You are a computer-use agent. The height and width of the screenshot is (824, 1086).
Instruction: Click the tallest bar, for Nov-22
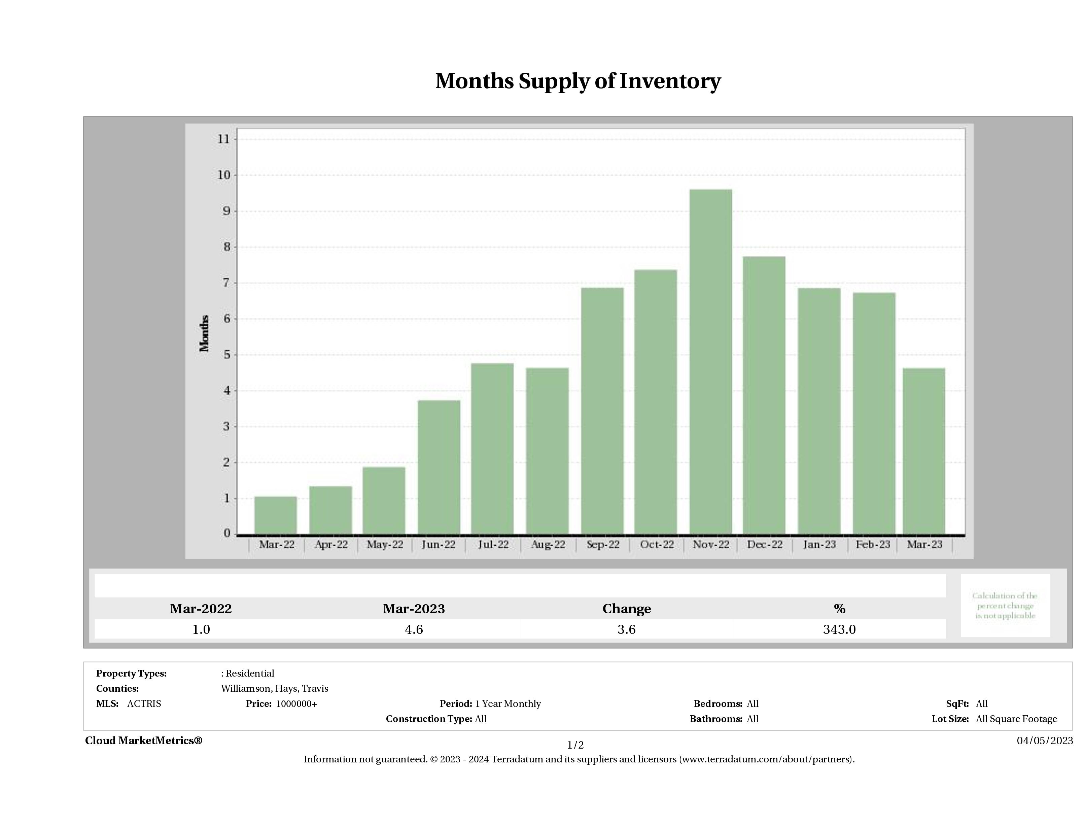point(710,362)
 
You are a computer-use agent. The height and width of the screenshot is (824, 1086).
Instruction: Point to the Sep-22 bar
point(602,411)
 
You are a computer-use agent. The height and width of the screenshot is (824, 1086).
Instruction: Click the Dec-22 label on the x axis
point(764,545)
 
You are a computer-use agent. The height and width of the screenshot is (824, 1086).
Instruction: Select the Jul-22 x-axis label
point(493,545)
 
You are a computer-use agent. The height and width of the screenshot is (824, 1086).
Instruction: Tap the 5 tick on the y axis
point(227,354)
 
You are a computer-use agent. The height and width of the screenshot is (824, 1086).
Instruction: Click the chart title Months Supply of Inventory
point(578,81)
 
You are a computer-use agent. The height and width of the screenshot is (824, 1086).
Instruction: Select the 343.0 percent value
point(839,629)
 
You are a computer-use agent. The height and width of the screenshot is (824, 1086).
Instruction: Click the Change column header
point(627,609)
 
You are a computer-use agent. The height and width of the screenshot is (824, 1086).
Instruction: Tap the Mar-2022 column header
point(201,609)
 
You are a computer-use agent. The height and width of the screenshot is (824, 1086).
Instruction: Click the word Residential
point(250,673)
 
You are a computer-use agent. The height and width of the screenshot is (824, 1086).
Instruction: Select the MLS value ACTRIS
point(144,704)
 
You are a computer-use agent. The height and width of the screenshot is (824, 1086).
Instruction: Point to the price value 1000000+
point(296,704)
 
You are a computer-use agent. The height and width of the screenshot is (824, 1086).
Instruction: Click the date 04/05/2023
point(1045,741)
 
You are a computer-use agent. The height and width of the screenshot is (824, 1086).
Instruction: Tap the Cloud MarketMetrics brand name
point(143,741)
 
